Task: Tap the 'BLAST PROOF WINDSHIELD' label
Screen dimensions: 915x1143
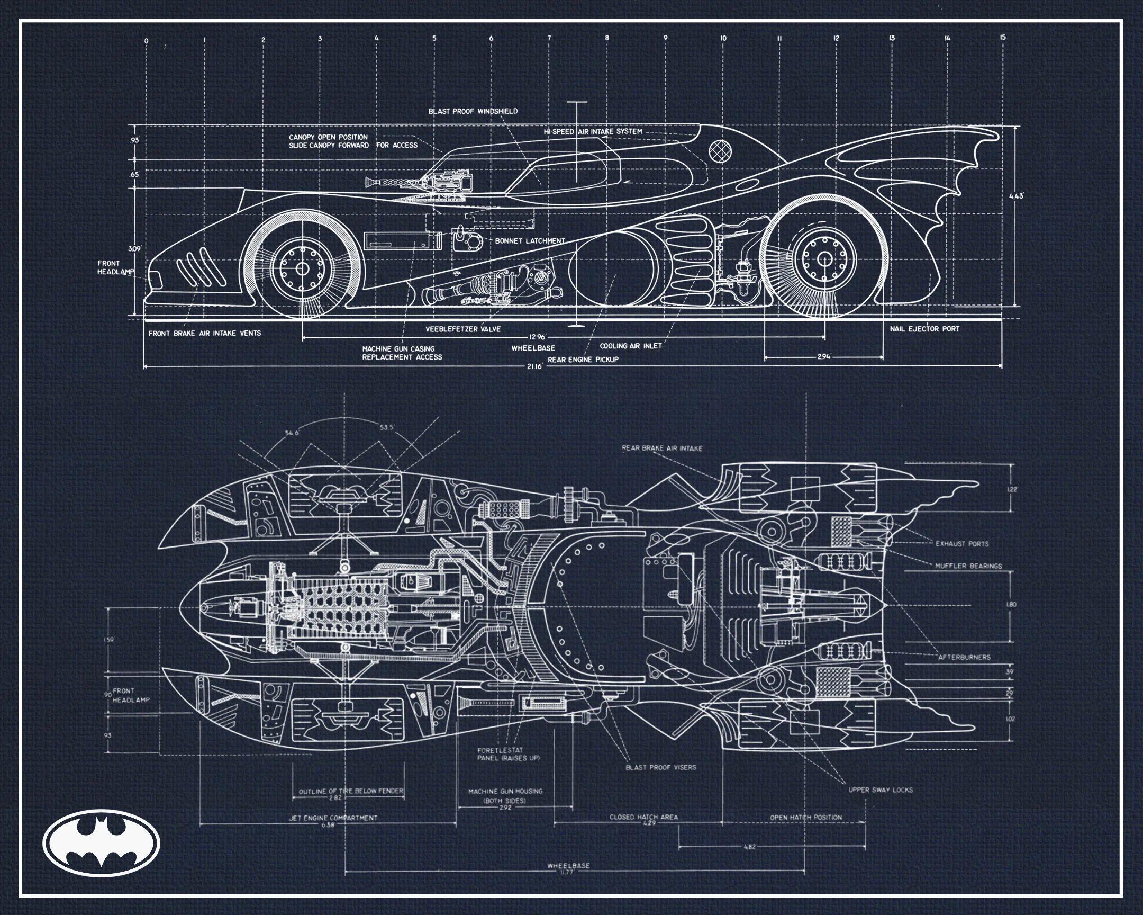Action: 473,111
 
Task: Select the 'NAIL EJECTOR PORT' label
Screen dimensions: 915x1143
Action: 924,329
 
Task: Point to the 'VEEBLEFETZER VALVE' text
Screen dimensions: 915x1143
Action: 463,329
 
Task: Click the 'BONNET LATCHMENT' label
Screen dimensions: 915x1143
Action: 530,241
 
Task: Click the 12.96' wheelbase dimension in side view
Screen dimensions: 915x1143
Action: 537,336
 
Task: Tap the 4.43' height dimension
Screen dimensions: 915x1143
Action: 1017,196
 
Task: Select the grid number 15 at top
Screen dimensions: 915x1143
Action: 1002,37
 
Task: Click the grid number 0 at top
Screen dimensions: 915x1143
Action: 146,40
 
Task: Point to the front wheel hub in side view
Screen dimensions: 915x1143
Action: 302,268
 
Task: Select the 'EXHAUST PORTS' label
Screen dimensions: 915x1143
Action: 961,544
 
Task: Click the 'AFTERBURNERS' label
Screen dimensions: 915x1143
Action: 964,657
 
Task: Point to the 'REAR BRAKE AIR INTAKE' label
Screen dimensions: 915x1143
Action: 662,448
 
